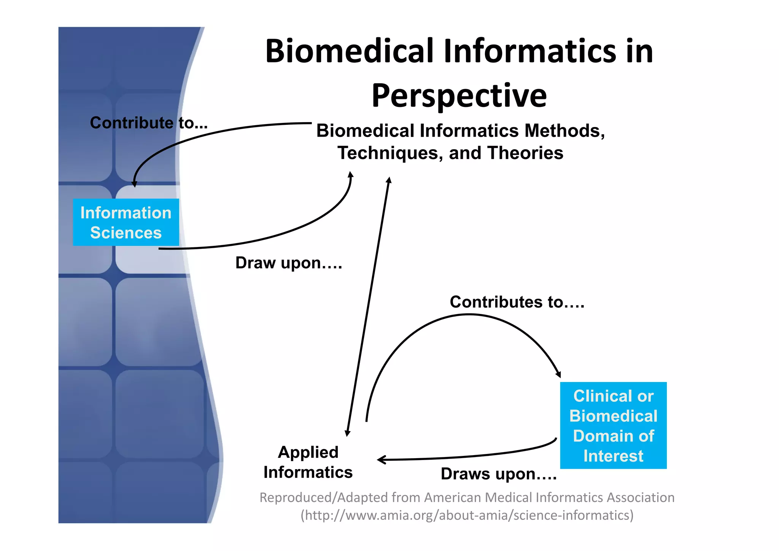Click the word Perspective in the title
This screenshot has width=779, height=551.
tap(459, 96)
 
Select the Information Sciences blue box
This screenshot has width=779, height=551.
tap(126, 222)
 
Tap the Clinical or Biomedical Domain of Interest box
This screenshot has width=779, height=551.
tap(613, 425)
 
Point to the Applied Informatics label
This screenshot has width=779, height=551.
tap(308, 462)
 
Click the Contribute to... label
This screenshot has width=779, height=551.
tap(149, 123)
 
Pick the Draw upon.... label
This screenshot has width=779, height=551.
tap(289, 263)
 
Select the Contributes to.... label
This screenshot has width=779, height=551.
tap(517, 302)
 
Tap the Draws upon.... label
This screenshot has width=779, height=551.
tap(498, 474)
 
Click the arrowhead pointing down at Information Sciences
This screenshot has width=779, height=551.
tap(134, 184)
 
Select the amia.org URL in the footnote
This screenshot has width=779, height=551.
tap(467, 515)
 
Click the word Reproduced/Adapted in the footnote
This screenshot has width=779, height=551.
tap(323, 498)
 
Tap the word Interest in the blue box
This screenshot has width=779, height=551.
tap(613, 456)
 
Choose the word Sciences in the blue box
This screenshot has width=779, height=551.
tap(126, 233)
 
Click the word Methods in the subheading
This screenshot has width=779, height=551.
tap(564, 131)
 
